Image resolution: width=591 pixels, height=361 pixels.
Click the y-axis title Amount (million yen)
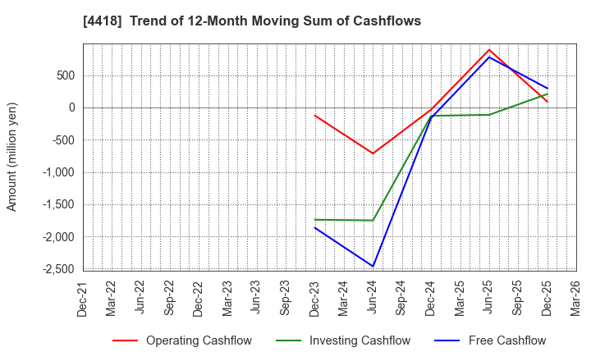click(x=12, y=157)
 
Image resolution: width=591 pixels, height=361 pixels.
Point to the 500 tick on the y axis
click(x=65, y=75)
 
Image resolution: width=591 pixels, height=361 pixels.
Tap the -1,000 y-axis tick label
click(x=57, y=172)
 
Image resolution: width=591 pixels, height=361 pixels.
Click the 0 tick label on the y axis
click(x=71, y=107)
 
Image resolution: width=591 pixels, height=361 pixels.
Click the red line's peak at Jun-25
click(x=489, y=49)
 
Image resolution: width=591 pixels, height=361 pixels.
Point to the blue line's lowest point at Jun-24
click(x=373, y=266)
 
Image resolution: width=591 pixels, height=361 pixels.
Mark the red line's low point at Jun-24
click(x=373, y=153)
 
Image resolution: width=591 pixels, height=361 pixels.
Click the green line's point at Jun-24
click(x=373, y=220)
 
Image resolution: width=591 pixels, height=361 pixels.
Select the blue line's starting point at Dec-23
click(x=315, y=227)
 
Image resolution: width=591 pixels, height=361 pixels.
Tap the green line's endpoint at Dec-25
click(x=547, y=94)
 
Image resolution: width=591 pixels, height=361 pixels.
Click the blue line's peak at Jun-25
click(x=489, y=57)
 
